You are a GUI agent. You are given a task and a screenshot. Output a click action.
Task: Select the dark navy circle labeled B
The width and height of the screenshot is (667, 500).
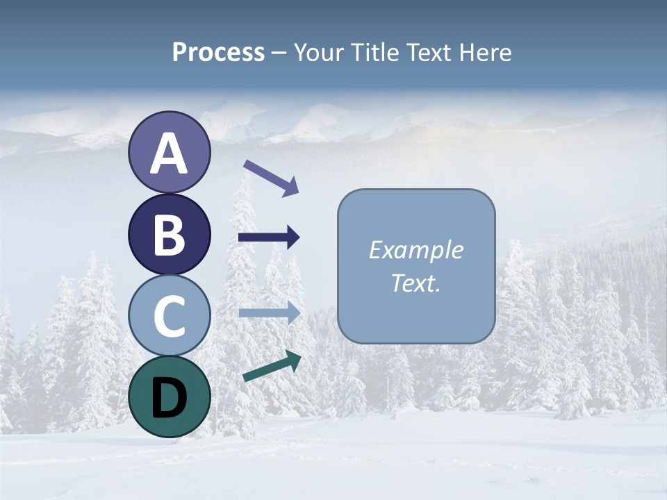(x=169, y=234)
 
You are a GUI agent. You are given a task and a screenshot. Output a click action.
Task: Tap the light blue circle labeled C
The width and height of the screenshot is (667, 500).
(x=169, y=315)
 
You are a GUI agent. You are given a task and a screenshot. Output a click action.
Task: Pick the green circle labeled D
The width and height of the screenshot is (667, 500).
(x=169, y=397)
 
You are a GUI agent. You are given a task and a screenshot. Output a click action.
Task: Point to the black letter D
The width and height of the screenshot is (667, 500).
(x=169, y=398)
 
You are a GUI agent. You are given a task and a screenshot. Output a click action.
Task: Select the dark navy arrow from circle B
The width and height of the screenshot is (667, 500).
(x=268, y=237)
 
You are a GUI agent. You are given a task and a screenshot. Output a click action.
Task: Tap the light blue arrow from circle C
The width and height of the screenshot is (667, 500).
(x=268, y=312)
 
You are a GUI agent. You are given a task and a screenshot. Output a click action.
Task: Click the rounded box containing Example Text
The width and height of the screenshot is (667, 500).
(x=416, y=266)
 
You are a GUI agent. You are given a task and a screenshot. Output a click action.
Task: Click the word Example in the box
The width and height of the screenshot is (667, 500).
(x=416, y=250)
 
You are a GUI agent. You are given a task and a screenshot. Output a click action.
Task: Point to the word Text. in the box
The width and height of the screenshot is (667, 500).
(x=416, y=283)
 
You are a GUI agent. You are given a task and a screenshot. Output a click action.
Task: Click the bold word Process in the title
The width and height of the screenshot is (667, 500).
(x=218, y=53)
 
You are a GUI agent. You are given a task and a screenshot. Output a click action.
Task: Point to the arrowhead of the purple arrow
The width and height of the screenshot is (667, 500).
(x=291, y=187)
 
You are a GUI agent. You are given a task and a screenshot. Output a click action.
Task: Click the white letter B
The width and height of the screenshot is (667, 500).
(x=169, y=235)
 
